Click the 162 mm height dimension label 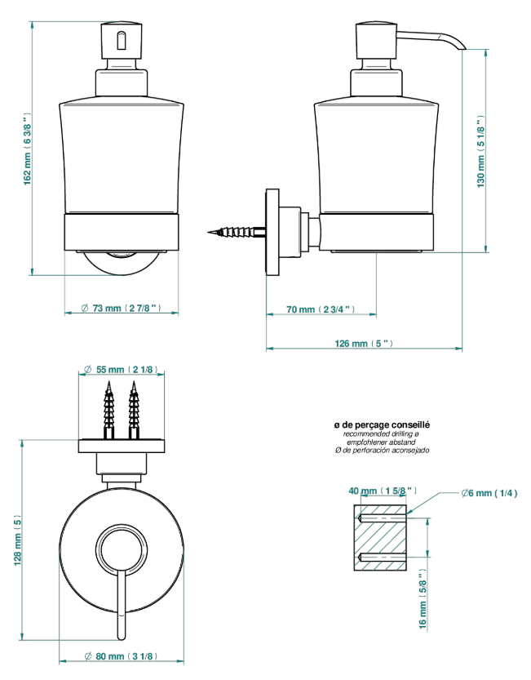[27, 150]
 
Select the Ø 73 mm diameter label [122, 308]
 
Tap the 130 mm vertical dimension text [480, 152]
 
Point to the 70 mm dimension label [321, 309]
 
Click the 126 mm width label [364, 344]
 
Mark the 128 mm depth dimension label [17, 540]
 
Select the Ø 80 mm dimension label [121, 656]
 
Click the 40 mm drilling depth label [383, 491]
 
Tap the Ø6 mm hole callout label [489, 493]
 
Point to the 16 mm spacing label [423, 599]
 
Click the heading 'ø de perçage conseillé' [382, 425]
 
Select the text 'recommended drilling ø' [381, 433]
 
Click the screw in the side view [237, 232]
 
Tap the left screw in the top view [108, 411]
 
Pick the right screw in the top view [134, 411]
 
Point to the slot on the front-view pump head [121, 39]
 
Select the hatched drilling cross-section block [380, 537]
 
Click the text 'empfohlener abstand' [381, 442]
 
